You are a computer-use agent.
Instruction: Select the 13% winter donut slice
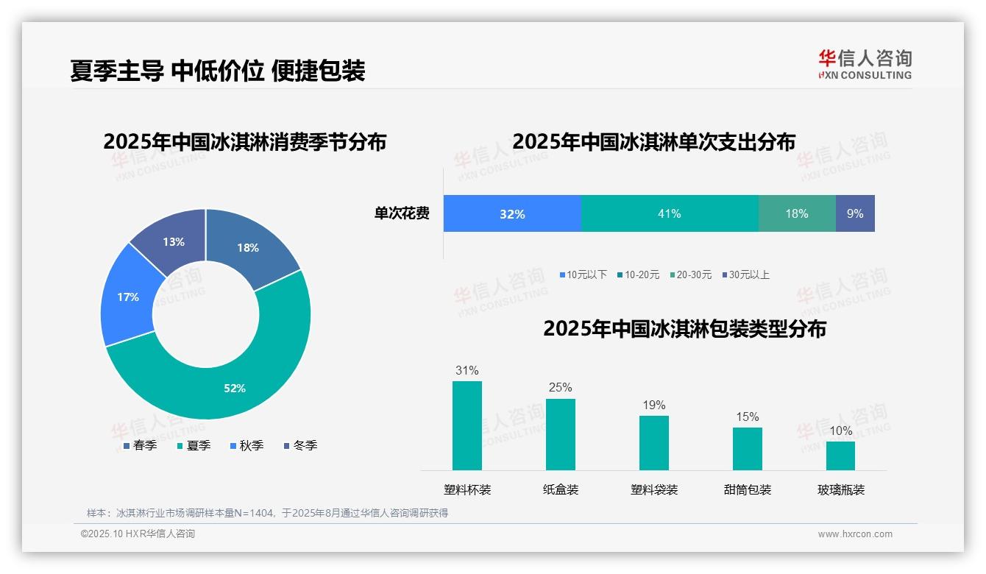(174, 241)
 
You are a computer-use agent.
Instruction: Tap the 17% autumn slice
(127, 297)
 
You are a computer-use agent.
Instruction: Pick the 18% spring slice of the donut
(248, 248)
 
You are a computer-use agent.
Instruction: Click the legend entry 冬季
(300, 445)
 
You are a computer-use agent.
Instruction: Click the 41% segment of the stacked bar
(669, 213)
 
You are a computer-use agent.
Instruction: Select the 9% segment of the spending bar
(855, 213)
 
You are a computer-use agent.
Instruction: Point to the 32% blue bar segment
(512, 213)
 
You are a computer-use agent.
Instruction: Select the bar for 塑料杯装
(467, 425)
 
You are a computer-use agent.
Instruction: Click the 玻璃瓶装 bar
(840, 456)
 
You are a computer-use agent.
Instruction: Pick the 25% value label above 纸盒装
(560, 387)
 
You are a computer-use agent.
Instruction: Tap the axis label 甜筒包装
(747, 489)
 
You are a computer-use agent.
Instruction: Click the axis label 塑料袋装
(653, 489)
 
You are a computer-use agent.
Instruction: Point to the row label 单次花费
(402, 213)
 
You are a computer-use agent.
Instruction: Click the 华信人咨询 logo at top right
(865, 64)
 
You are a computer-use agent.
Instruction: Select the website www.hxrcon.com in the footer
(855, 534)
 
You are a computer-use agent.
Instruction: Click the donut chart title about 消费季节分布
(245, 141)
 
